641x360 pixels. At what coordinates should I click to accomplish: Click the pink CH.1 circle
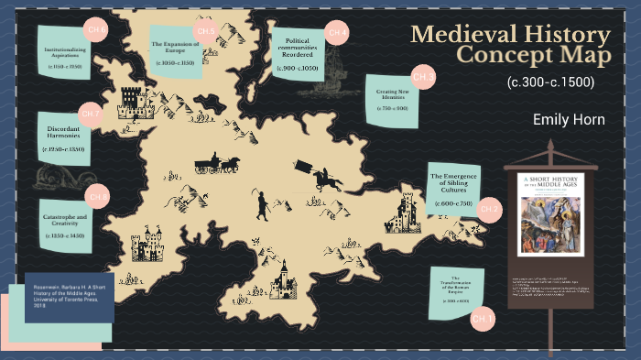coord(483,319)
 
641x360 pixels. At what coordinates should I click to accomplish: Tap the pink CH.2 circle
coord(489,210)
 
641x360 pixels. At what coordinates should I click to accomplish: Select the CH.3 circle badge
coord(423,76)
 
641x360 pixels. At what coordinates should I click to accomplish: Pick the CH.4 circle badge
coord(338,33)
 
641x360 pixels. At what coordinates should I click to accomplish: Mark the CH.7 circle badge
coord(90,115)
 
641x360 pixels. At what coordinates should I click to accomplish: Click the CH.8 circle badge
coord(98,196)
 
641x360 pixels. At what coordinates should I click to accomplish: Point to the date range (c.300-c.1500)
coord(550,82)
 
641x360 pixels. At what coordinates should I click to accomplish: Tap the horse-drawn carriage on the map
coord(217,164)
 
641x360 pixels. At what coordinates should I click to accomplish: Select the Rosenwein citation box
coord(62,296)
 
